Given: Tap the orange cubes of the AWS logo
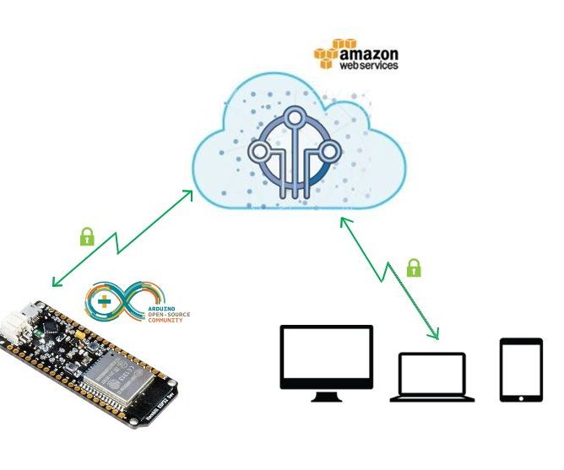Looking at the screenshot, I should [x=328, y=54].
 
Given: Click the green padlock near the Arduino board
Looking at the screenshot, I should [x=86, y=236].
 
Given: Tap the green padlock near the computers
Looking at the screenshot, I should [x=414, y=268].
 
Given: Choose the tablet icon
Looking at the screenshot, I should [x=520, y=370].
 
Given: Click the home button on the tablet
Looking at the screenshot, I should [x=520, y=397].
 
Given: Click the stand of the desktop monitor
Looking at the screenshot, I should [x=326, y=395].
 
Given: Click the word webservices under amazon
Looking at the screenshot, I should [x=368, y=64].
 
